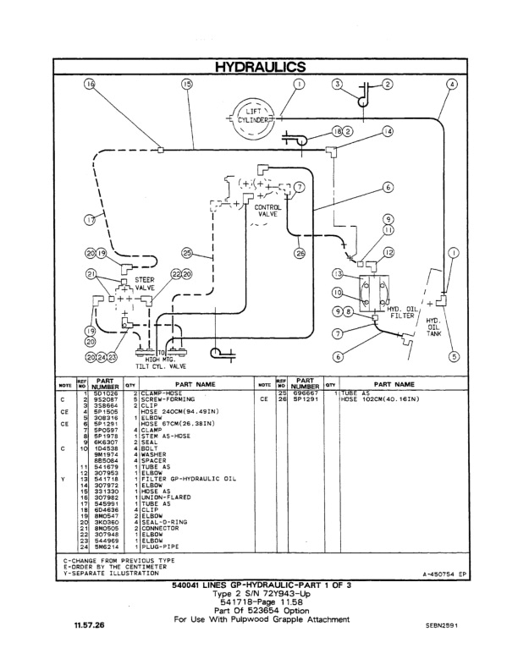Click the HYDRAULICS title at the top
(260, 66)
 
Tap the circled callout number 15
(187, 85)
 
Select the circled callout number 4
(453, 85)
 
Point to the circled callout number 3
(337, 85)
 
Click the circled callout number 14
(388, 132)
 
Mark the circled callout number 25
(187, 252)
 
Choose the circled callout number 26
(299, 252)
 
